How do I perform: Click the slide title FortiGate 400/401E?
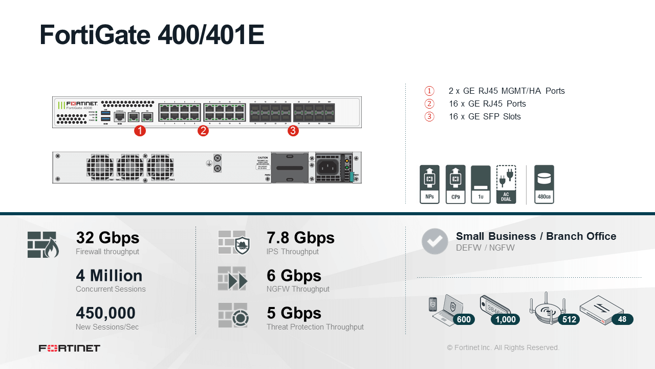[x=152, y=35]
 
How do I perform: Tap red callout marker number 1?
[x=140, y=131]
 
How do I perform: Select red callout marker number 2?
[x=203, y=131]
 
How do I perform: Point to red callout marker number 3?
[x=293, y=131]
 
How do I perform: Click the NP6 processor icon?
[x=429, y=184]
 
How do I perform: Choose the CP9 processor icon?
[x=455, y=184]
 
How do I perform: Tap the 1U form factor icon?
[x=481, y=184]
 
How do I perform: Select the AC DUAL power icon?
[x=506, y=184]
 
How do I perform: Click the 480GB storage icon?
[x=544, y=184]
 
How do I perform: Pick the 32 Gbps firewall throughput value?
[x=107, y=238]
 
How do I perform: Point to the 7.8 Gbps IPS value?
[x=300, y=238]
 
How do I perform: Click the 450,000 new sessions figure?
[x=105, y=313]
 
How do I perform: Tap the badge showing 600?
[x=464, y=319]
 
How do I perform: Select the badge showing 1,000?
[x=506, y=319]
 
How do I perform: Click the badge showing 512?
[x=569, y=319]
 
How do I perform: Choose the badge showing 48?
[x=622, y=319]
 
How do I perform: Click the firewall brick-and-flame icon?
[x=43, y=244]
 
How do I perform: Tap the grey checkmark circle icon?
[x=434, y=241]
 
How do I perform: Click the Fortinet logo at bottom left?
[x=70, y=348]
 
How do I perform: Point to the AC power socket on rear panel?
[x=327, y=167]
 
